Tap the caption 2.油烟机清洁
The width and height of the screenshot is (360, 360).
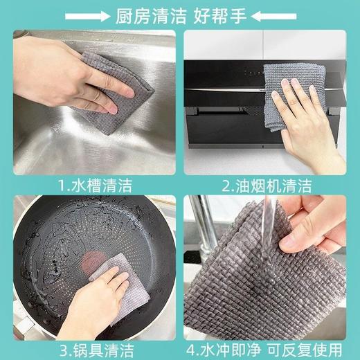(x=267, y=185)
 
